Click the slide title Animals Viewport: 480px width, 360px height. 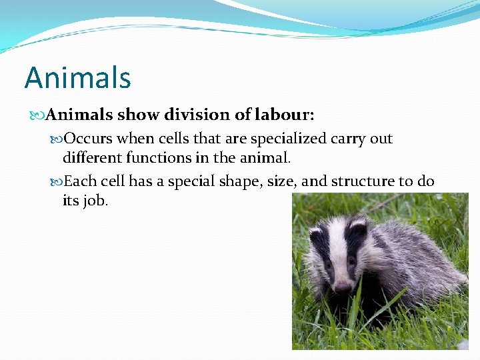point(77,78)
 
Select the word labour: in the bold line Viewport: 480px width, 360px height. point(285,115)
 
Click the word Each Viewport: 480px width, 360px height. point(81,181)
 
